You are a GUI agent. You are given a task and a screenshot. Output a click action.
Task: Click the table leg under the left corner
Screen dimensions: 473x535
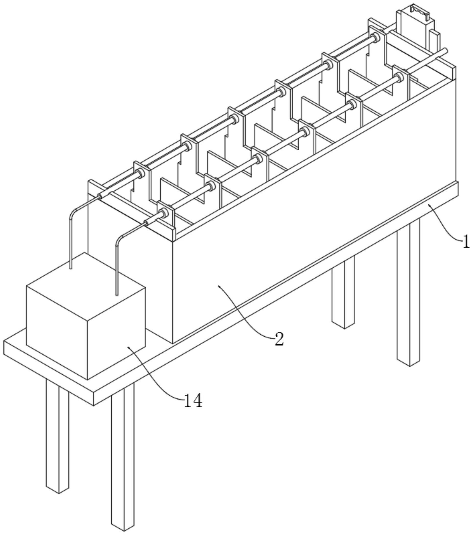(x=58, y=436)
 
